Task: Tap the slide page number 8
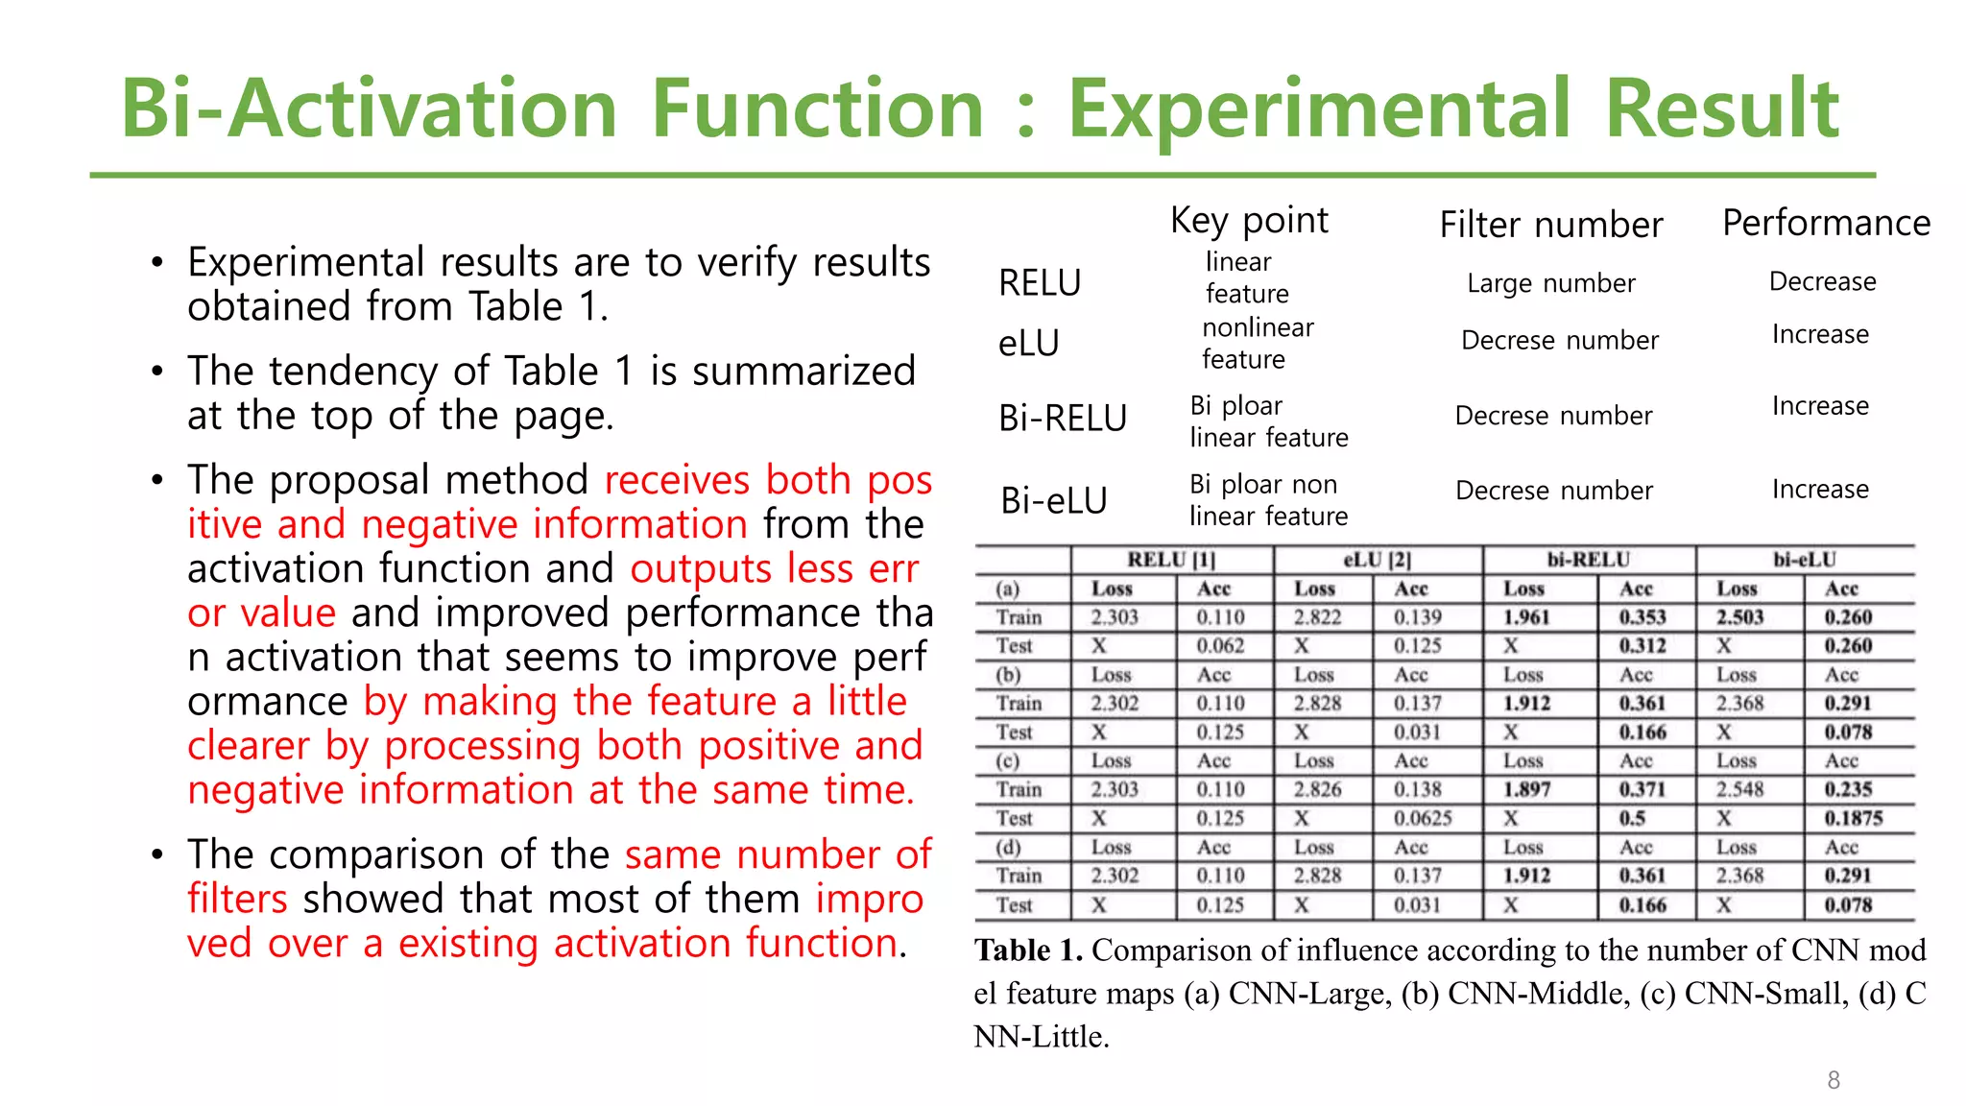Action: click(x=1834, y=1080)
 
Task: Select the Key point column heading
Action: click(x=1249, y=221)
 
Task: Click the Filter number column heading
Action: click(x=1550, y=226)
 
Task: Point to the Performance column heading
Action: click(x=1826, y=223)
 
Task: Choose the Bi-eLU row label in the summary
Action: click(x=1053, y=500)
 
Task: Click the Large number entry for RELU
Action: click(x=1550, y=283)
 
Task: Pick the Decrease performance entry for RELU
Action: click(x=1822, y=281)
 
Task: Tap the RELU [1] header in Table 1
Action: click(x=1170, y=560)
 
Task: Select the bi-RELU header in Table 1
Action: click(x=1588, y=560)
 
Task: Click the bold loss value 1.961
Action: click(x=1526, y=617)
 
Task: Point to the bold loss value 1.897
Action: click(x=1526, y=789)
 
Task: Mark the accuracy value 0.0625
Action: click(x=1423, y=818)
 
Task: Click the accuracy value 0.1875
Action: click(x=1853, y=818)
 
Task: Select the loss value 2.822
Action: click(x=1317, y=617)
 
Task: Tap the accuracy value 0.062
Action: click(x=1220, y=646)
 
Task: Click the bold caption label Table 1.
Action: click(x=1027, y=950)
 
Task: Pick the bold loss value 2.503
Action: click(x=1739, y=617)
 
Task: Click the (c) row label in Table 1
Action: click(x=1008, y=760)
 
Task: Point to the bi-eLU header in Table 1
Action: click(x=1804, y=560)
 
